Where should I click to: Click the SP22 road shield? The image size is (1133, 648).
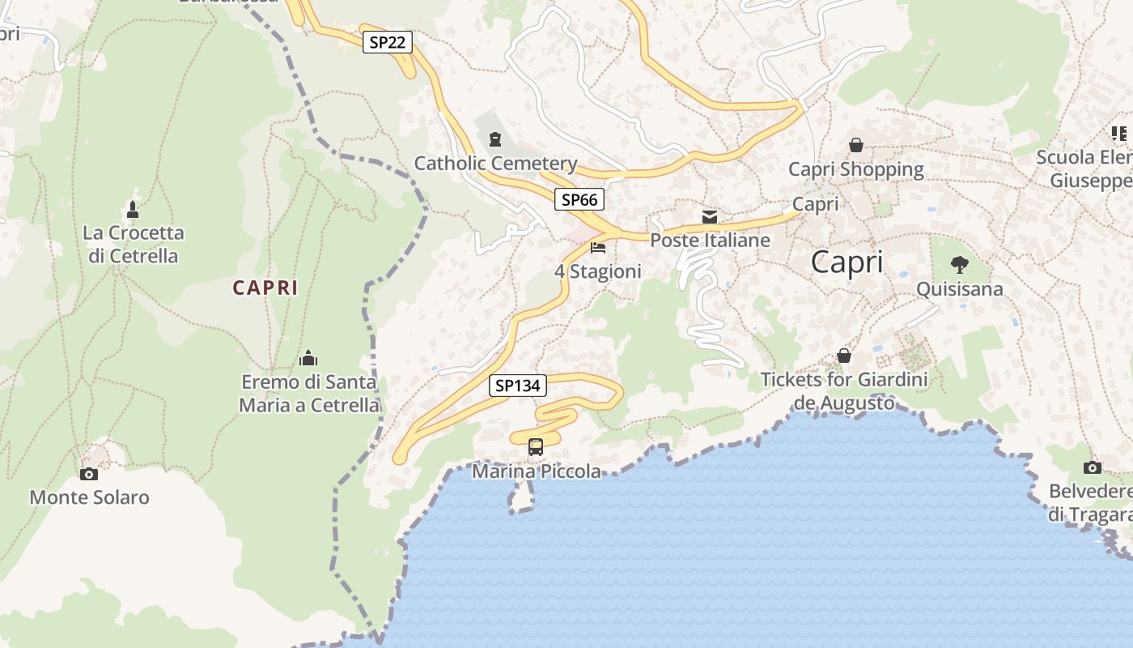pyautogui.click(x=387, y=42)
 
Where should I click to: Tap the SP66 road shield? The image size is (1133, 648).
pyautogui.click(x=579, y=199)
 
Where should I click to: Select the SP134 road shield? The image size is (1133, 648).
pyautogui.click(x=518, y=386)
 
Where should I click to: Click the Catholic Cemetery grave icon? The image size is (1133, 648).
pyautogui.click(x=495, y=140)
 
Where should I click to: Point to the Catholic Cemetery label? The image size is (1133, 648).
pyautogui.click(x=495, y=164)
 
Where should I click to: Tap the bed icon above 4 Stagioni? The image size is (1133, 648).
pyautogui.click(x=598, y=247)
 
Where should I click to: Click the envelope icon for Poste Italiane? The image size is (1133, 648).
pyautogui.click(x=710, y=217)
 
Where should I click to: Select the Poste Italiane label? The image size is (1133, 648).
pyautogui.click(x=710, y=241)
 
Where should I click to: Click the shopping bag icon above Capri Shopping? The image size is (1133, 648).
pyautogui.click(x=855, y=145)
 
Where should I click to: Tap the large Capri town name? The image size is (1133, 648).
pyautogui.click(x=847, y=262)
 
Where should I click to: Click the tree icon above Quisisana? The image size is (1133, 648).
pyautogui.click(x=959, y=264)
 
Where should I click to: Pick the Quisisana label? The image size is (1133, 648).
pyautogui.click(x=959, y=289)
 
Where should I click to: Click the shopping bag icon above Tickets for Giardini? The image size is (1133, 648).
pyautogui.click(x=844, y=355)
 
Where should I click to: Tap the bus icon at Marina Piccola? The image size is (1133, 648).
pyautogui.click(x=536, y=446)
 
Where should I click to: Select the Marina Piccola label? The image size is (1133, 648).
pyautogui.click(x=537, y=471)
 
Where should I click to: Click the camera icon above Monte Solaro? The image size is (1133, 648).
pyautogui.click(x=89, y=474)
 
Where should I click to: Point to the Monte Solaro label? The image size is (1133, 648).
pyautogui.click(x=89, y=497)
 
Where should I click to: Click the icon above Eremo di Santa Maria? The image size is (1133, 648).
pyautogui.click(x=308, y=358)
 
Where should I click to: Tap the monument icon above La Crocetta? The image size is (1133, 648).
pyautogui.click(x=133, y=210)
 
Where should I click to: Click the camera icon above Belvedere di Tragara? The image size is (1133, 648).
pyautogui.click(x=1092, y=467)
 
